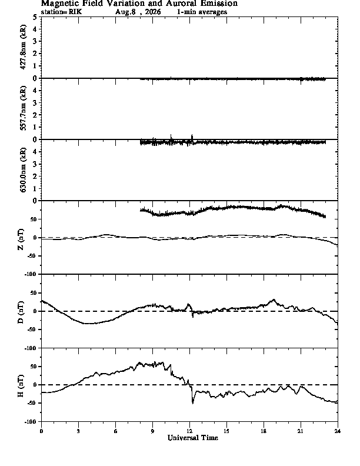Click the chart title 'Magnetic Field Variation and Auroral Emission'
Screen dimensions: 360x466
[139, 4]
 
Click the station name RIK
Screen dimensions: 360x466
[75, 12]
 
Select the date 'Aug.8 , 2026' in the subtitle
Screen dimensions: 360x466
[138, 12]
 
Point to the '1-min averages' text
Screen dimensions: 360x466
[202, 12]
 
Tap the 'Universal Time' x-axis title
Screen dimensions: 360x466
[193, 438]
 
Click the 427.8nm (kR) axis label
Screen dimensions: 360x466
[23, 47]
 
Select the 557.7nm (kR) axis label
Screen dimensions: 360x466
[23, 108]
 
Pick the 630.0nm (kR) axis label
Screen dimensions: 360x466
[23, 170]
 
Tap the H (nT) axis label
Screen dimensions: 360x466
[21, 386]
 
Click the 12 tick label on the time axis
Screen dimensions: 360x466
[189, 431]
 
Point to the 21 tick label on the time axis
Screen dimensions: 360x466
[301, 431]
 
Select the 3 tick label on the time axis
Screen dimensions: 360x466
[78, 431]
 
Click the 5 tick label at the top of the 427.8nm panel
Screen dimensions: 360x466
[35, 17]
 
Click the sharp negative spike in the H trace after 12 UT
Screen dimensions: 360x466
[193, 403]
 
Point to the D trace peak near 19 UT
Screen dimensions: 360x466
[274, 299]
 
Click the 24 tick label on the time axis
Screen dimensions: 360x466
[338, 431]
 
